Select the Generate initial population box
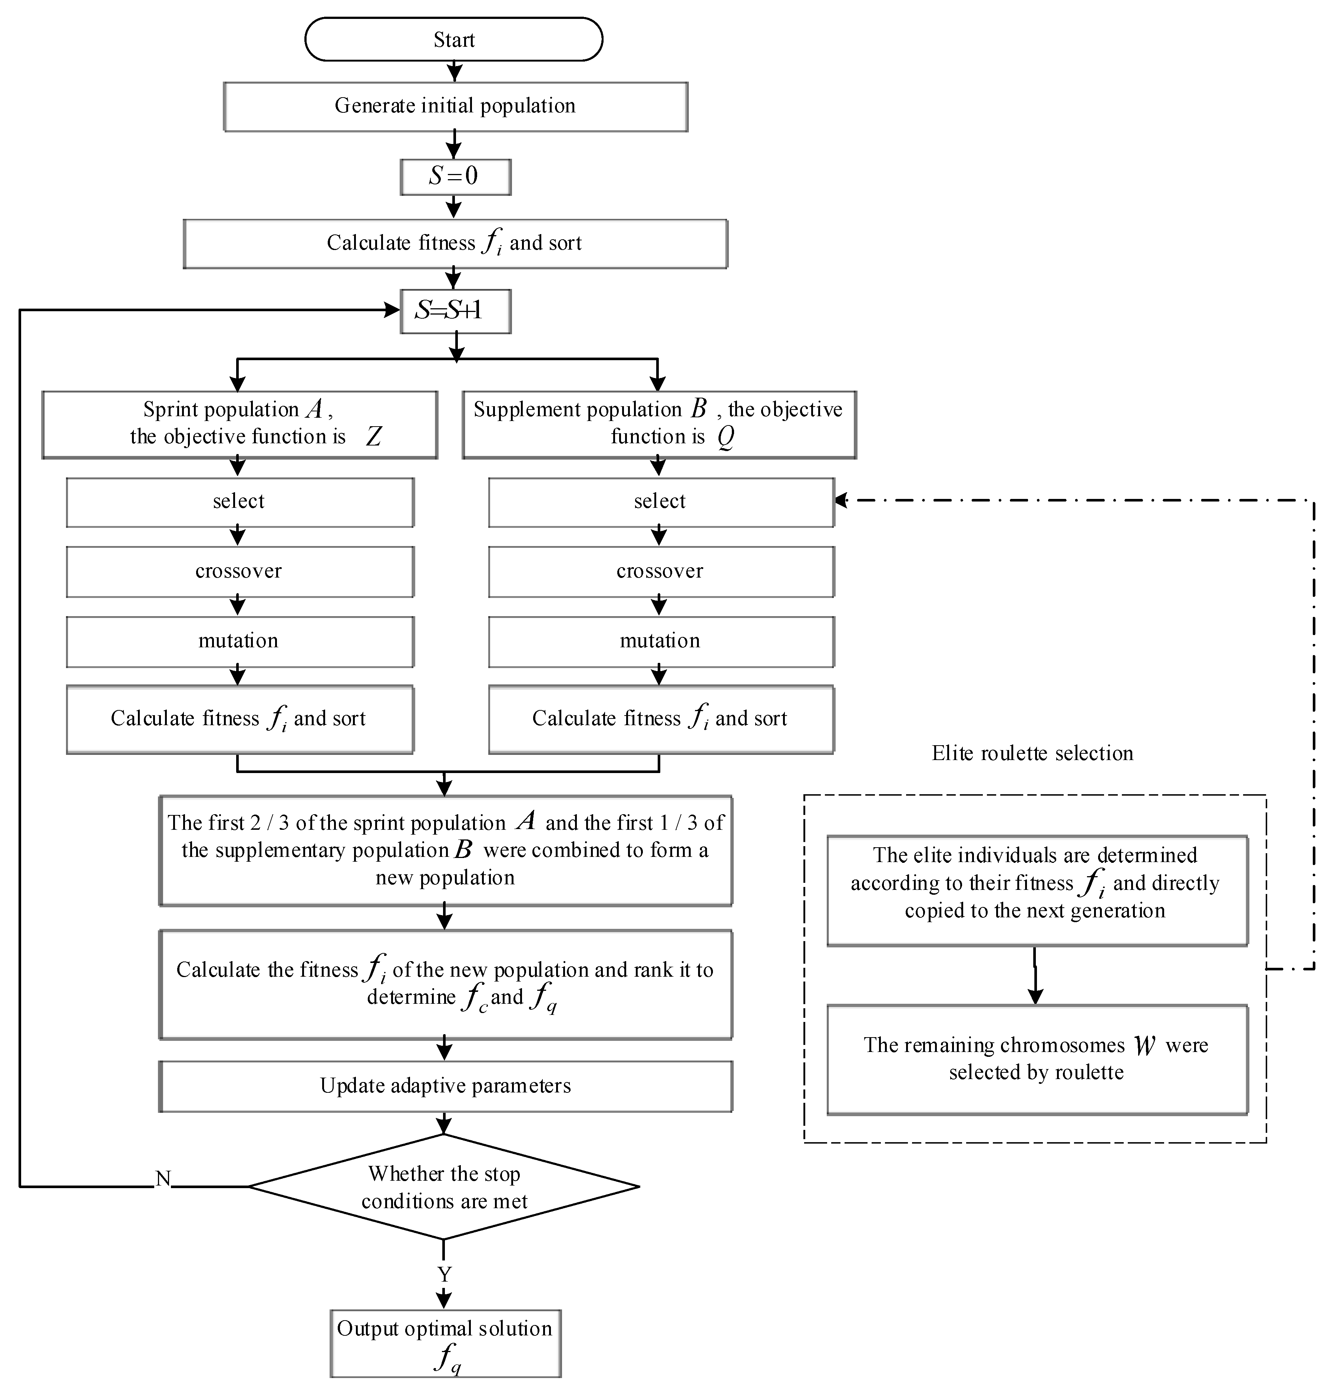tap(455, 106)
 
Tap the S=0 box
tap(455, 176)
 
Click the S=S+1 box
tap(455, 311)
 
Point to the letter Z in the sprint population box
tap(373, 436)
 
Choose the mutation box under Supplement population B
tap(660, 641)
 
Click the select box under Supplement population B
tap(660, 502)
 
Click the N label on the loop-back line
tap(163, 1178)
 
